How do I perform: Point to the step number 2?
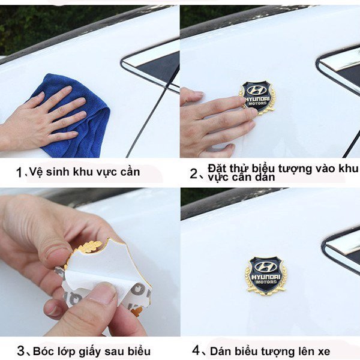click(193, 174)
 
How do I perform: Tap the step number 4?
click(196, 350)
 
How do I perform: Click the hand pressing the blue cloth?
click(42, 117)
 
